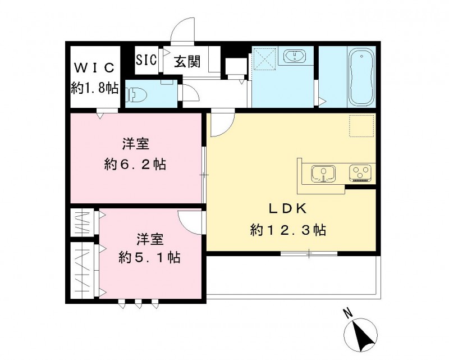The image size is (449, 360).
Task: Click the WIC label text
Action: pyautogui.click(x=94, y=68)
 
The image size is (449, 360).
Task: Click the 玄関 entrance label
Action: pyautogui.click(x=186, y=61)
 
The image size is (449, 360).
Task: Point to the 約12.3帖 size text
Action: pyautogui.click(x=288, y=230)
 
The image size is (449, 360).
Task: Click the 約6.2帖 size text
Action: pyautogui.click(x=135, y=165)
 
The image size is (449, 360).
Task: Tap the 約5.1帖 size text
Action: pyautogui.click(x=149, y=257)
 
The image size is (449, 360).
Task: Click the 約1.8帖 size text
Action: pyautogui.click(x=94, y=88)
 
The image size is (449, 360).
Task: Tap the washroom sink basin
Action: pyautogui.click(x=294, y=56)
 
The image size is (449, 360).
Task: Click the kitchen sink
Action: pyautogui.click(x=323, y=173)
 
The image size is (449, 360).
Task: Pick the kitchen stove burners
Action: pyautogui.click(x=361, y=172)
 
